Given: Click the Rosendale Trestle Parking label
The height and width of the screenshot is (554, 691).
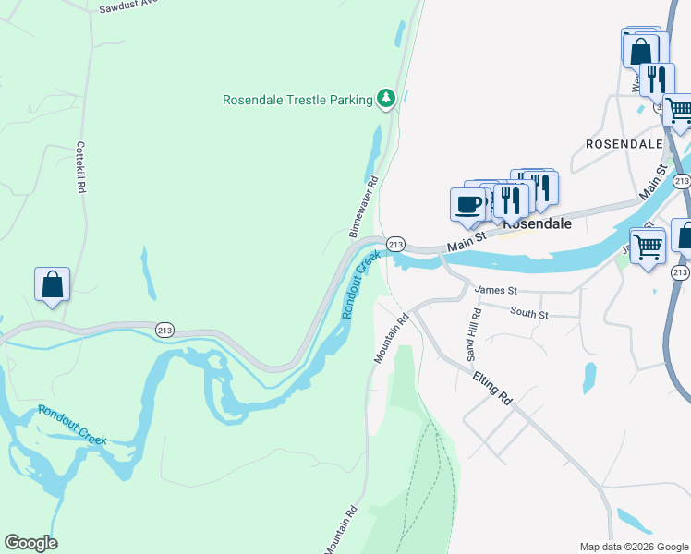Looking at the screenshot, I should coord(297,99).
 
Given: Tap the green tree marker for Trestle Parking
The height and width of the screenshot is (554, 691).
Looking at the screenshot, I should coord(386,99).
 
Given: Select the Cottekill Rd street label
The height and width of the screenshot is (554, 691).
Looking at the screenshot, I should coord(81,166).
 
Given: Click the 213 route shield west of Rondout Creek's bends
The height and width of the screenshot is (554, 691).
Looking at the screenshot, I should coord(165,330).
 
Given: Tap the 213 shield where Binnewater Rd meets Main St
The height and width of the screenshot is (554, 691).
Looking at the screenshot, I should coord(394,244).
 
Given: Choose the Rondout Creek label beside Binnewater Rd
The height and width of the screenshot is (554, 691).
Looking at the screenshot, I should coord(361,284).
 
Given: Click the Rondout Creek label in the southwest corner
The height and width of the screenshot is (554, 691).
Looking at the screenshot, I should coord(73,425).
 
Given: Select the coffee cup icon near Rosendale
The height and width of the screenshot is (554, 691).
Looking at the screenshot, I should coord(467,203).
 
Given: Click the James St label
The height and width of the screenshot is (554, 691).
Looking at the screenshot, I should coord(494,290).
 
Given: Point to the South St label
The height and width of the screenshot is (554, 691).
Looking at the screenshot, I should coord(529,315).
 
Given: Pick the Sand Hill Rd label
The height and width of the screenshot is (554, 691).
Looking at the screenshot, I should coord(473,335).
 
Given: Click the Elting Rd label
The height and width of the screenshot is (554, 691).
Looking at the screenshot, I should coord(491,389).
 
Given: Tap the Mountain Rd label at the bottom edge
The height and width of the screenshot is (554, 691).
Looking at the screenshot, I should coord(339,530).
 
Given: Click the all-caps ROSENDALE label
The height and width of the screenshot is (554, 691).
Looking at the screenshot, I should coord(624,145).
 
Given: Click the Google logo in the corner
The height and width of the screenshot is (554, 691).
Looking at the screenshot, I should coord(30,543).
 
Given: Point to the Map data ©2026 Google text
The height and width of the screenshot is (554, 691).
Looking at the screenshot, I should coord(633,547).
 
